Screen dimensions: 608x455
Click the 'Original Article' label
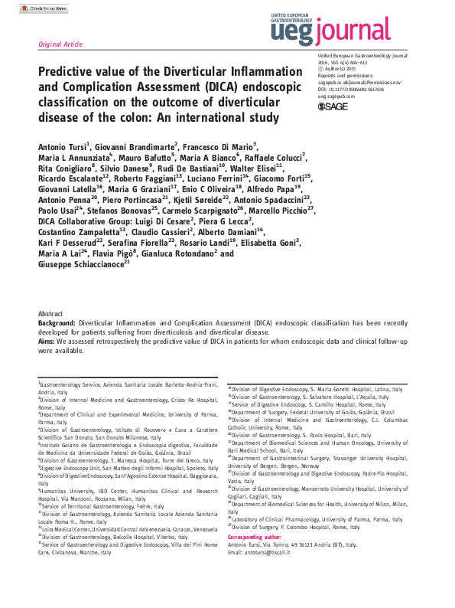60,45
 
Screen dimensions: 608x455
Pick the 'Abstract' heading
50,314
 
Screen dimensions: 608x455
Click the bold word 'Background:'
57,324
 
